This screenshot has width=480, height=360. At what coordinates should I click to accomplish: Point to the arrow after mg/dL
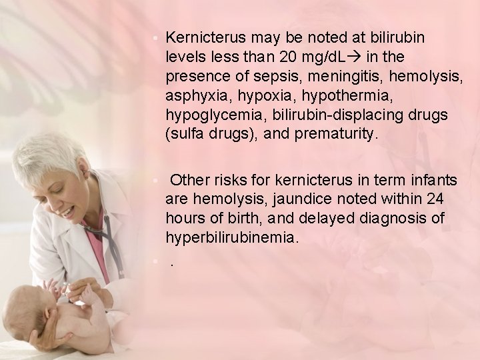tap(353, 55)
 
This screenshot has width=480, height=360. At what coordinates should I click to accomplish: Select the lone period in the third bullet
tap(172, 263)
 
